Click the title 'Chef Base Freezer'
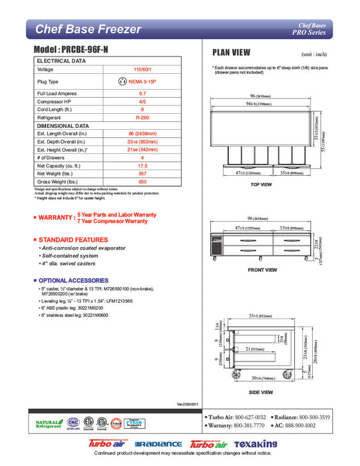[x=88, y=29]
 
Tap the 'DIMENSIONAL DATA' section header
[x=63, y=125]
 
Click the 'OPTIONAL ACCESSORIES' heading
[x=73, y=280]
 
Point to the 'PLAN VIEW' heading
[x=231, y=52]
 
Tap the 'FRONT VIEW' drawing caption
[x=262, y=270]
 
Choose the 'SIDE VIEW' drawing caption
[x=262, y=392]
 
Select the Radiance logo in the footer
[x=158, y=444]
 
